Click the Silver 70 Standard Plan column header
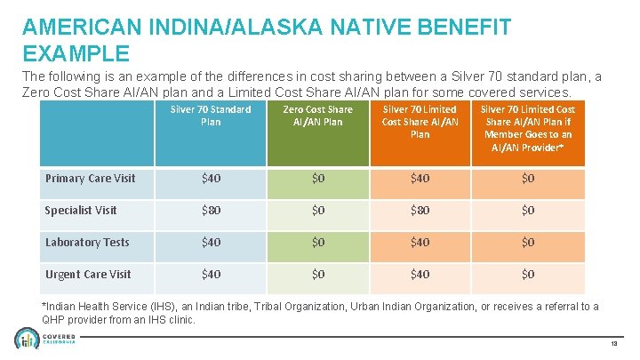tap(211, 116)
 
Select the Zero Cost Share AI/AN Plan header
tap(317, 116)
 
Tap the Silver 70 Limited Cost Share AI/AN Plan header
tap(420, 122)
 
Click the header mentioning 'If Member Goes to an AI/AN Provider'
tap(528, 127)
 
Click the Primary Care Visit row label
tap(90, 179)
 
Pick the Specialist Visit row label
tap(81, 211)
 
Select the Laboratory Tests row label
tap(87, 243)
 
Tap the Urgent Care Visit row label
tap(88, 275)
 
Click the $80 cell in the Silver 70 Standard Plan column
tap(212, 211)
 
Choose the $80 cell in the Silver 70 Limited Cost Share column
tap(420, 211)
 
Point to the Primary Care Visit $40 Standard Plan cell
tap(212, 179)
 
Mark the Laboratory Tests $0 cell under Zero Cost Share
tap(317, 243)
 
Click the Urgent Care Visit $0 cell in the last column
tap(528, 275)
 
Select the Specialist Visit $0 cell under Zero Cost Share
tap(317, 211)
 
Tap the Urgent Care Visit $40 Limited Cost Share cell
tap(420, 275)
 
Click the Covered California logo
tap(44, 340)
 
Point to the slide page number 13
tap(615, 344)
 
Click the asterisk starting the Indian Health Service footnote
tap(45, 307)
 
